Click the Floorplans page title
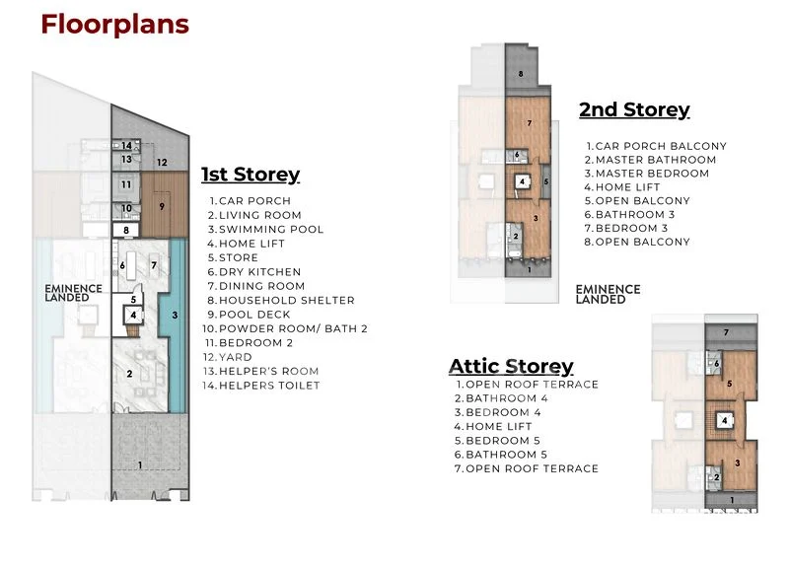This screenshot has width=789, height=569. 114,24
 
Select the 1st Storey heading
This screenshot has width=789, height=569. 251,175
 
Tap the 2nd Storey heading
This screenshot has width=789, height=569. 634,109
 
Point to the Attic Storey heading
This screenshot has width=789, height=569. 511,366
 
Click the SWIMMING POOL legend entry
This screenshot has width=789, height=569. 265,230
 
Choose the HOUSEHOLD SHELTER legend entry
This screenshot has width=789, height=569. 281,301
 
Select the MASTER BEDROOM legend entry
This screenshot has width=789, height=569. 647,174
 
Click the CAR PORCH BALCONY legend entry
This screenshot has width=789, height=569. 656,146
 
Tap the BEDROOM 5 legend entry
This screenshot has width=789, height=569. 497,441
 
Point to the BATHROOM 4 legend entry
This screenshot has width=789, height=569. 501,398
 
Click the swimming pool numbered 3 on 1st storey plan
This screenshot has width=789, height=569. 175,315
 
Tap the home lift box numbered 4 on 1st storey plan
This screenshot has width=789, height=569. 133,316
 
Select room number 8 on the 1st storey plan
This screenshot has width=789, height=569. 126,231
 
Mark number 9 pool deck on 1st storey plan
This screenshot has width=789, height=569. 162,206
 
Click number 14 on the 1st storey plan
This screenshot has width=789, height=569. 126,146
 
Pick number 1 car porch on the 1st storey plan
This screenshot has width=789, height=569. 140,465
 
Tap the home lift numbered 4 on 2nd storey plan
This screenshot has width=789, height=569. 523,181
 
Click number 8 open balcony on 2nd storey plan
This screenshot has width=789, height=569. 521,74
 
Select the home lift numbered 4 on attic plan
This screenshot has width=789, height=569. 725,421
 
